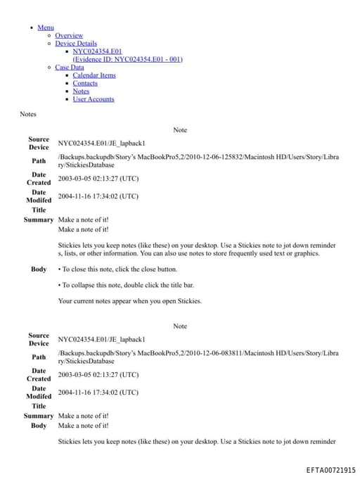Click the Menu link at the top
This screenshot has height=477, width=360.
point(46,27)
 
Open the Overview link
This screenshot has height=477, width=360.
point(69,35)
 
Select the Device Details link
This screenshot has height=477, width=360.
point(76,44)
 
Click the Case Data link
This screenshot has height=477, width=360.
point(69,68)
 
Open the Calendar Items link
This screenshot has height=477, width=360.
point(94,75)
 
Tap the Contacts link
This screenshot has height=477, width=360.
point(85,83)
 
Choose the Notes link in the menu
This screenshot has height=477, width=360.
point(81,91)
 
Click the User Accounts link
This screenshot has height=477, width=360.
point(93,99)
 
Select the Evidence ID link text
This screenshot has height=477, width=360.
point(127,59)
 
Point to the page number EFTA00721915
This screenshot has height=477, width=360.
point(330,470)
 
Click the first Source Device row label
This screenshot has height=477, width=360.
point(39,143)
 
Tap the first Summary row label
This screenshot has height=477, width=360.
point(39,220)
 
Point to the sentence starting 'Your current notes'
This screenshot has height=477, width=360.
point(129,301)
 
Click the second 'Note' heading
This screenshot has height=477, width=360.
point(180,326)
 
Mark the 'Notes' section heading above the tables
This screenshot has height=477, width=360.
point(28,114)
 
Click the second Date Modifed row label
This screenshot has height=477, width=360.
point(39,392)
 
